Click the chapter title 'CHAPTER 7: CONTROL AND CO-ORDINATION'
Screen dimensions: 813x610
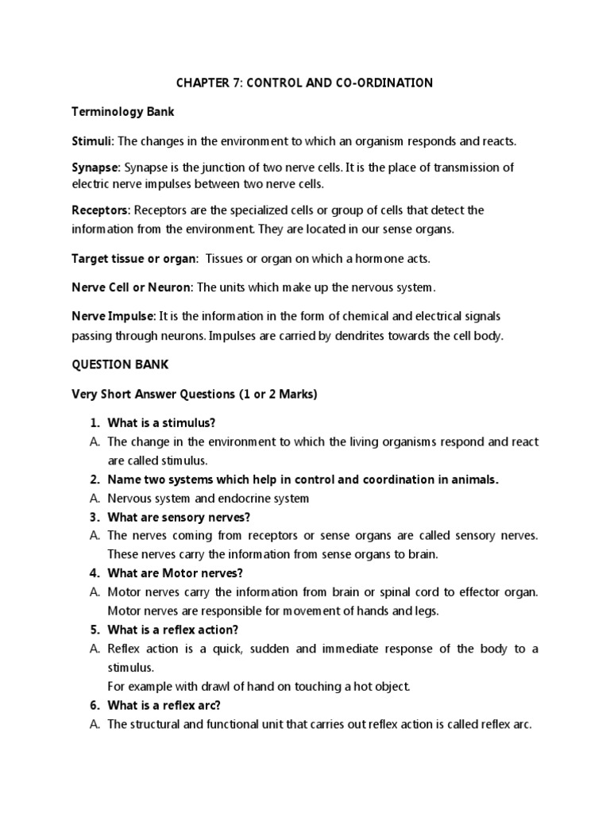(x=304, y=83)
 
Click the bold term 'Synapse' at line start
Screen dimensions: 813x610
(x=95, y=169)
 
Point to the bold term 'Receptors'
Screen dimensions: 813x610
(x=100, y=210)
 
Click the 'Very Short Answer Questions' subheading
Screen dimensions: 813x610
(x=195, y=395)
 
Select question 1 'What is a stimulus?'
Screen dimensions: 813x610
(x=159, y=422)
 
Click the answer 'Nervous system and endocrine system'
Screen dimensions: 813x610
(x=208, y=499)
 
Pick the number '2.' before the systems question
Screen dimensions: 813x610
(x=94, y=480)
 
